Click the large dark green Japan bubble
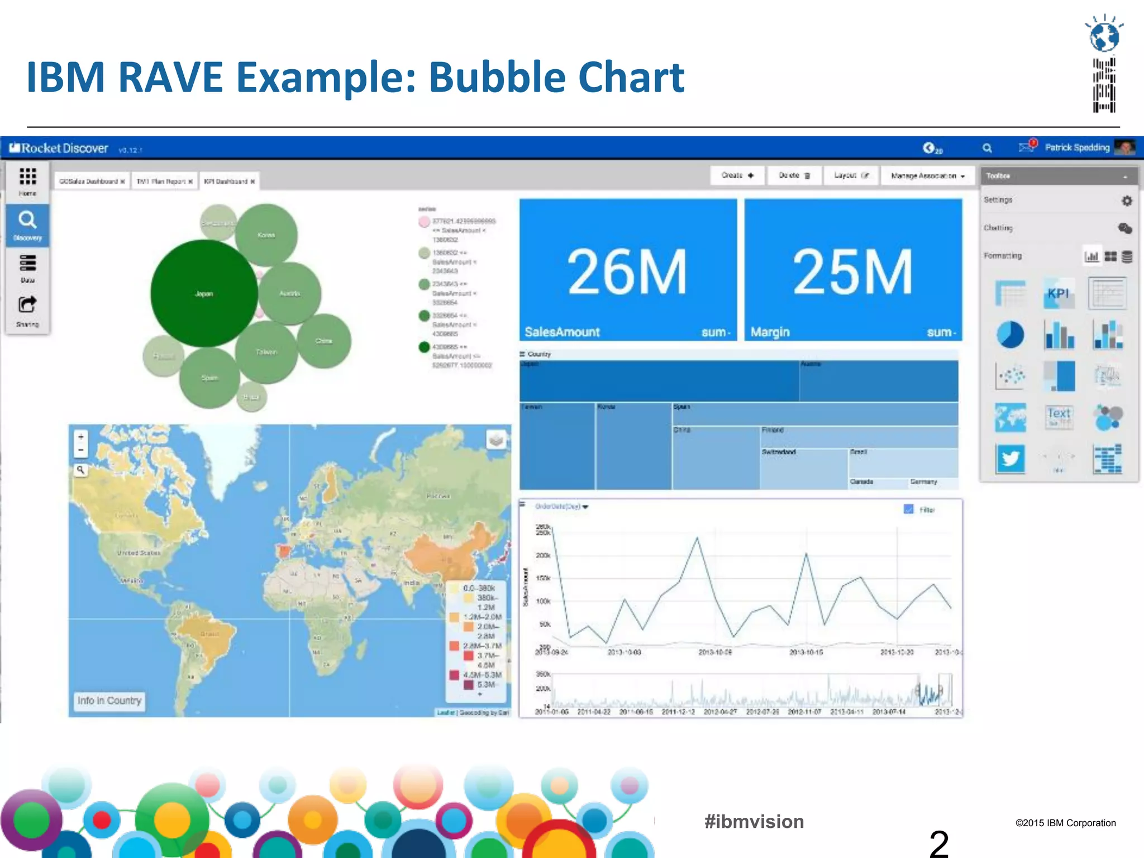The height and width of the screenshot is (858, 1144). [204, 293]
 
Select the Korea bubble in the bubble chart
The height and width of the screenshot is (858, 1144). [266, 235]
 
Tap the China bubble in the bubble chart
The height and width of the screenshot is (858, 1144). [324, 341]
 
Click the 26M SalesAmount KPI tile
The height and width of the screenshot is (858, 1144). [628, 270]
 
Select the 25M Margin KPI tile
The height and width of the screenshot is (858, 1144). [853, 270]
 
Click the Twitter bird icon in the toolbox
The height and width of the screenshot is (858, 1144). [1010, 459]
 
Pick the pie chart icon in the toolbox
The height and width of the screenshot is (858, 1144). [1010, 335]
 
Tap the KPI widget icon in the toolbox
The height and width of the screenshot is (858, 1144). [1058, 293]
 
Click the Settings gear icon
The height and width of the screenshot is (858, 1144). [1127, 201]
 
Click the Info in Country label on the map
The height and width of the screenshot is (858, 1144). [109, 700]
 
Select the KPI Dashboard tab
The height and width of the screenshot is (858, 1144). [228, 182]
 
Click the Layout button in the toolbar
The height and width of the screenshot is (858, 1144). [851, 175]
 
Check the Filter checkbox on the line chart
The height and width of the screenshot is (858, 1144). [908, 509]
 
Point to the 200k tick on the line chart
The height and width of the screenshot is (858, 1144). [543, 555]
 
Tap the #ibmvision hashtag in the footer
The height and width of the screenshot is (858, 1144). [754, 822]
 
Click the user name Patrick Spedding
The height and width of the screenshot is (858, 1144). [1077, 147]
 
